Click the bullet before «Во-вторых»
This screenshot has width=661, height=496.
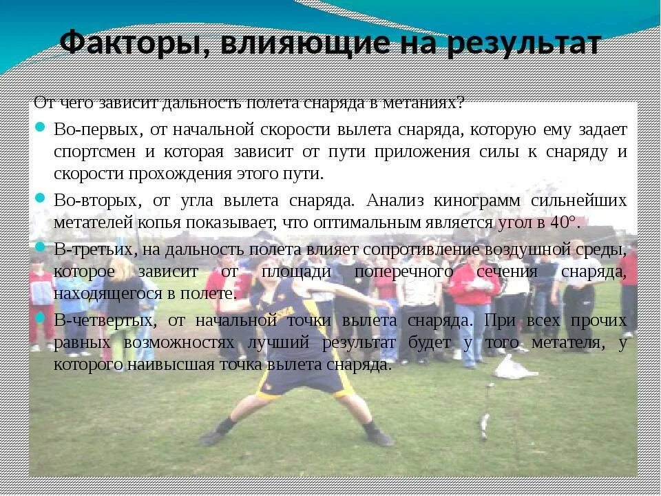pos(40,198)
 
